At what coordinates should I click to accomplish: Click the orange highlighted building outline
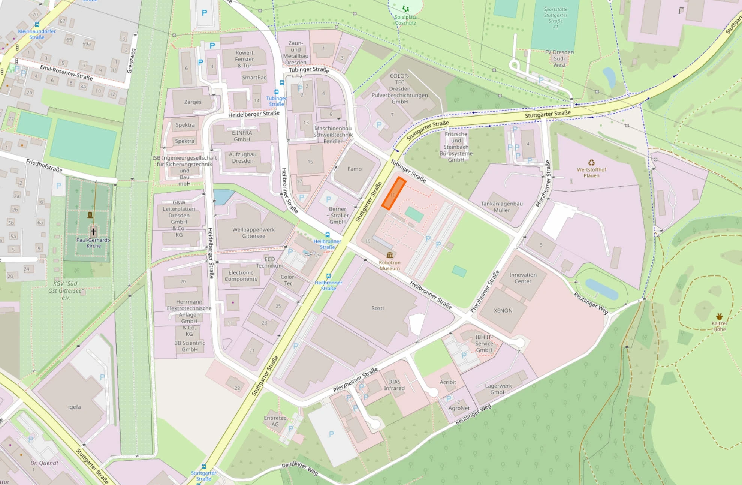[394, 193]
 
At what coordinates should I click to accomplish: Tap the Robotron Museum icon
[390, 255]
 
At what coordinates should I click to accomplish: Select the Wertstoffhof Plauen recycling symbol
[591, 163]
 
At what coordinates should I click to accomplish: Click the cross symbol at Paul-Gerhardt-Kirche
[93, 231]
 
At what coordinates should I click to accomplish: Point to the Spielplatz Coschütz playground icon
[405, 9]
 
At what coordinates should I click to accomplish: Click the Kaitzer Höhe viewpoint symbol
[719, 316]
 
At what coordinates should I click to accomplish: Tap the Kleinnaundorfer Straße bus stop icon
[37, 25]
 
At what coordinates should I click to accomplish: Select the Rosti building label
[377, 308]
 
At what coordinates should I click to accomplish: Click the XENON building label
[503, 310]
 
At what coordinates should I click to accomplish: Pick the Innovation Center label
[523, 278]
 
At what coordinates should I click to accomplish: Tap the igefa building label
[74, 407]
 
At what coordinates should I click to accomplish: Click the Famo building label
[354, 169]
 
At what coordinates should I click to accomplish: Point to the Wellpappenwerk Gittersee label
[253, 233]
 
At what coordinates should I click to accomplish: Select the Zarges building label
[193, 102]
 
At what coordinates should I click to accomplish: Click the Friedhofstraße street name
[44, 165]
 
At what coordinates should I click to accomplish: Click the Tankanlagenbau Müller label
[501, 207]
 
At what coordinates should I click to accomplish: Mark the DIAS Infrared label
[394, 385]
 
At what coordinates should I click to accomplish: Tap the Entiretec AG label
[275, 421]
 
